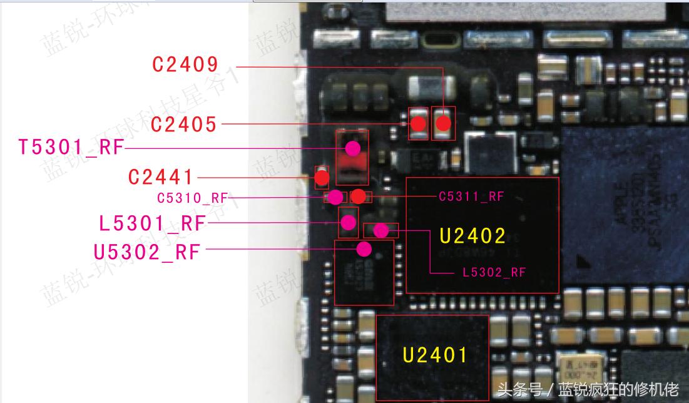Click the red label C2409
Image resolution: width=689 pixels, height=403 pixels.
[x=185, y=64]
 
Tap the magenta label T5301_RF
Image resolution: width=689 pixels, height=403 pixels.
[x=71, y=148]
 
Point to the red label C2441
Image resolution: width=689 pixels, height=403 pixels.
[x=161, y=177]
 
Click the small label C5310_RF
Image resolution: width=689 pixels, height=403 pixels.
[x=192, y=198]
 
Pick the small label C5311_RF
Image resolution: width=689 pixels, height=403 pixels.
[x=471, y=196]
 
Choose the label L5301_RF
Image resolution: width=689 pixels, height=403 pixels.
[x=152, y=223]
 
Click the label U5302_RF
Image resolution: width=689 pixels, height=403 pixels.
[x=147, y=252]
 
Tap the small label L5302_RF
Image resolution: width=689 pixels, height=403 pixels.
[x=494, y=272]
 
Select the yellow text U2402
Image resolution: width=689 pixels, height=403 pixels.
[x=472, y=236]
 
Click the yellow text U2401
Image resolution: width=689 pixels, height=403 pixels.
[x=435, y=355]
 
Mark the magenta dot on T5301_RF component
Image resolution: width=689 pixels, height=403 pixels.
[x=353, y=148]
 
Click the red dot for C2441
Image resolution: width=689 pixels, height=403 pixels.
[x=322, y=179]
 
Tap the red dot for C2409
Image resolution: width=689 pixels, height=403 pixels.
[x=443, y=123]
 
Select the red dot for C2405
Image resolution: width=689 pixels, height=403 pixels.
[x=418, y=124]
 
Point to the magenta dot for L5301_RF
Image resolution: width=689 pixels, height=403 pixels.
[x=348, y=222]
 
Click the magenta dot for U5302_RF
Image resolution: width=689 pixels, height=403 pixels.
[x=364, y=250]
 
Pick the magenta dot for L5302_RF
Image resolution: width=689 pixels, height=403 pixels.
[x=380, y=231]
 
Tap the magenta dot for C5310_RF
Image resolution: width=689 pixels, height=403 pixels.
[x=336, y=197]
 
